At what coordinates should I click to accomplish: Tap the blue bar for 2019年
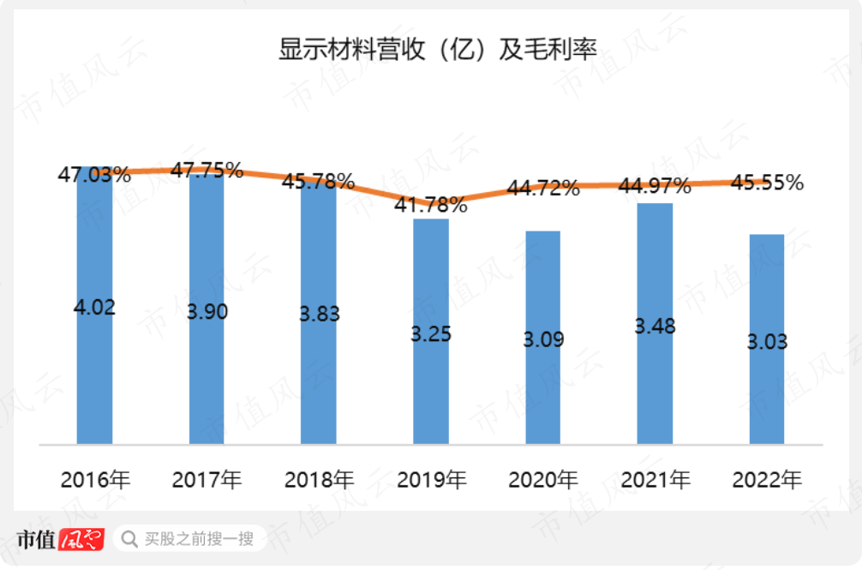(x=430, y=386)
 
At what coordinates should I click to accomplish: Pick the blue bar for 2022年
(x=767, y=386)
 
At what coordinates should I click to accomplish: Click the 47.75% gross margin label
(x=207, y=170)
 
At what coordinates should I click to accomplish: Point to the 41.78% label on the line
(x=431, y=205)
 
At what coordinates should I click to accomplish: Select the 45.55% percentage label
(x=767, y=183)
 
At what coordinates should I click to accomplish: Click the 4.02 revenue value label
(x=94, y=307)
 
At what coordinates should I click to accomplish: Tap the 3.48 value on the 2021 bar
(x=655, y=326)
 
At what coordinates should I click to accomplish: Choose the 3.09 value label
(x=543, y=339)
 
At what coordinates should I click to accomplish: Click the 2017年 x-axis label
(x=207, y=480)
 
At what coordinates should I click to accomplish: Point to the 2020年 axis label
(x=543, y=480)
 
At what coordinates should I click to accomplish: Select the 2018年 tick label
(x=319, y=480)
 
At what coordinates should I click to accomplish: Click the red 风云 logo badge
(x=81, y=539)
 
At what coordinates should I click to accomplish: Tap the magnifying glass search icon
(x=129, y=539)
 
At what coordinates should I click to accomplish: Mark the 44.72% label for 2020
(x=543, y=188)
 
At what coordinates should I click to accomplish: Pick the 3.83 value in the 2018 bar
(x=319, y=314)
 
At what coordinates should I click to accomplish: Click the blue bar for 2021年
(x=655, y=386)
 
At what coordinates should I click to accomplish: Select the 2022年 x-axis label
(x=767, y=480)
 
